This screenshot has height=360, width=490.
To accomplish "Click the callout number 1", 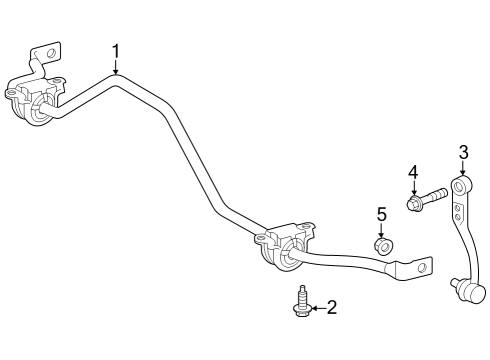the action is pos(116,50).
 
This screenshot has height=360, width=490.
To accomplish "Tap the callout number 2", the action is pos(331,308).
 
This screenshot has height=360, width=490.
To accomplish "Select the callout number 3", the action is pos(463,152).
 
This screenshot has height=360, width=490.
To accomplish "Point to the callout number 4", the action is pos(411,172).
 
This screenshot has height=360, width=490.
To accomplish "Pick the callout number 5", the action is pos(381,213).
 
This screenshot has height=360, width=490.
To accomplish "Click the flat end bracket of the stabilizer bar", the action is pos(414,267).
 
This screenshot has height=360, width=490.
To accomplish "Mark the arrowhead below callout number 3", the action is pos(462,174).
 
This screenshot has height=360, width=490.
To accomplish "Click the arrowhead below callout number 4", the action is pos(411,193).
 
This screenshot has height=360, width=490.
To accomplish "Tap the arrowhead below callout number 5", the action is pos(381,234).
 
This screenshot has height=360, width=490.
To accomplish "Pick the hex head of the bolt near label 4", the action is pos(413,205).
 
